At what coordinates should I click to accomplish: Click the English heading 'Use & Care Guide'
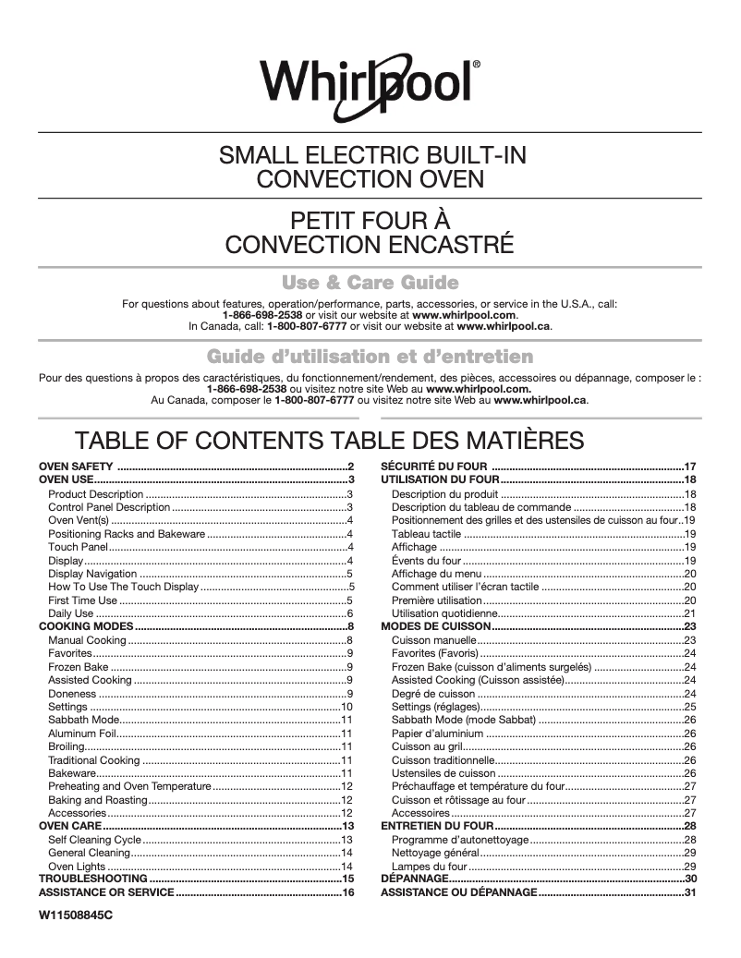point(370,282)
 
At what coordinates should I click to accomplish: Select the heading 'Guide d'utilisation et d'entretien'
point(370,357)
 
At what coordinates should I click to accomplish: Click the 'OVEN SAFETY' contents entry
point(76,466)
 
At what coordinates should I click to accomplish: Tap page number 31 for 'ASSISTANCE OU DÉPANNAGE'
point(689,893)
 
